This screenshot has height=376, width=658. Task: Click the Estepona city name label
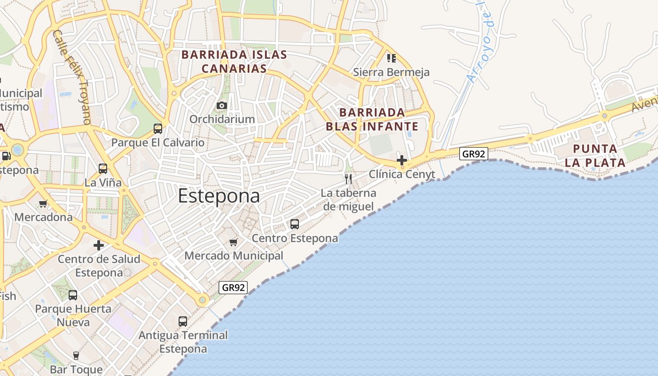point(219,196)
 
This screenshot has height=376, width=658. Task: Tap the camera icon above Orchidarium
point(222,106)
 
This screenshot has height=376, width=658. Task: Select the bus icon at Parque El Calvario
point(158,128)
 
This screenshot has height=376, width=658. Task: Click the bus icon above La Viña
point(103,168)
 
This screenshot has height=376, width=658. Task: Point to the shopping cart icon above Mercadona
point(43,204)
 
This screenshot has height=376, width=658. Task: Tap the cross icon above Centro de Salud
point(99,245)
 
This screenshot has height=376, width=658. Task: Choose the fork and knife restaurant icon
point(348,179)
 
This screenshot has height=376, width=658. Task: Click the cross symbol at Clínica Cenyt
point(402,160)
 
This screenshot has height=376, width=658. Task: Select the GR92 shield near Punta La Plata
point(474,154)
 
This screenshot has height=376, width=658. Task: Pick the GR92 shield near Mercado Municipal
point(233,288)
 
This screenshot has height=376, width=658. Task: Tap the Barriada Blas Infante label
point(372,119)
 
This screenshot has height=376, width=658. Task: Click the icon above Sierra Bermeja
point(391,58)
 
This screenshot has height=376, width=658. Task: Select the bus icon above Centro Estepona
point(295,224)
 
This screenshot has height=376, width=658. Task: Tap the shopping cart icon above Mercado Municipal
point(234,243)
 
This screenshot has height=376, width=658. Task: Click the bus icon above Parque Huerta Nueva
point(73,295)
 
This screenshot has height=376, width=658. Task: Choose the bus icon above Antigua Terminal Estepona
point(183,321)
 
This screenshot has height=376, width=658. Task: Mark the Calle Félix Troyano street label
point(71,78)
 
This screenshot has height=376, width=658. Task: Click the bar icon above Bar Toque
point(76,355)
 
